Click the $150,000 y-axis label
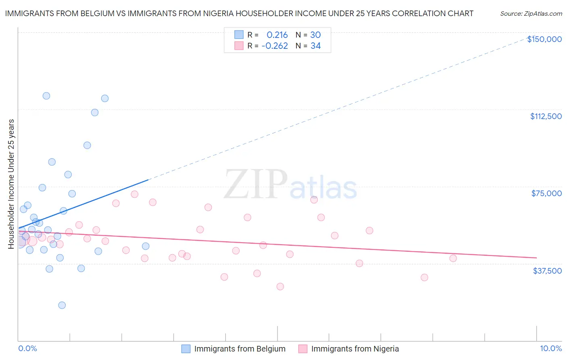[x=544, y=39]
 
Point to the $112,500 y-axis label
[x=546, y=116]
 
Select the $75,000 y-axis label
[x=546, y=193]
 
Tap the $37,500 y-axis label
[x=547, y=271]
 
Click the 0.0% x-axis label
[x=27, y=348]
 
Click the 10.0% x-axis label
[x=550, y=348]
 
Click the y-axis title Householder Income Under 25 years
[x=11, y=184]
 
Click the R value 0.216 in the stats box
[x=277, y=35]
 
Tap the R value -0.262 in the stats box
[x=275, y=46]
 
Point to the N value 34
[x=315, y=46]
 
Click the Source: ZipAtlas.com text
[x=531, y=14]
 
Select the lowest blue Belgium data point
[x=62, y=305]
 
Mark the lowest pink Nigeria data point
[x=280, y=287]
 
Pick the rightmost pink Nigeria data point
[x=453, y=258]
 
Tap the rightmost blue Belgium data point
[x=146, y=246]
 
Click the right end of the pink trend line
[x=536, y=257]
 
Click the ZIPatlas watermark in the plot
[x=290, y=184]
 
